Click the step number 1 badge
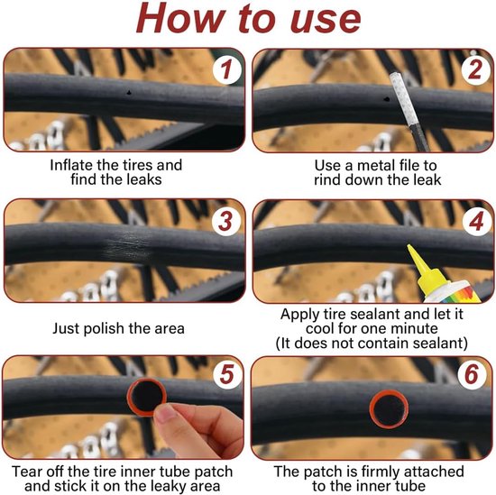tap(225, 70)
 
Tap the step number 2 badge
tap(474, 70)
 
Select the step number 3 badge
tap(225, 221)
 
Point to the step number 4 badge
tap(475, 221)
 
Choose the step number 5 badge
tap(226, 374)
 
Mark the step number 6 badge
tap(472, 374)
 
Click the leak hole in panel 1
tap(129, 92)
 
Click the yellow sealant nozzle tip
tap(409, 246)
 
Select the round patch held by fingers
tap(147, 397)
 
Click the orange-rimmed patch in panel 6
tap(389, 409)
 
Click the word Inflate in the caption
tap(71, 165)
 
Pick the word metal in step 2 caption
tap(375, 165)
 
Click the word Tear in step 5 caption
tap(26, 472)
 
